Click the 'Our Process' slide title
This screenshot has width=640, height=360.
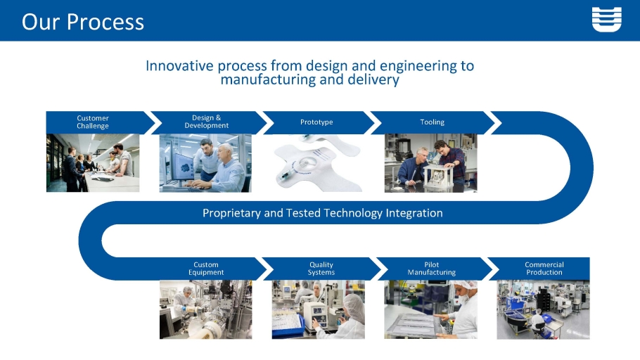tap(83, 22)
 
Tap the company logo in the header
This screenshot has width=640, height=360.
tap(606, 19)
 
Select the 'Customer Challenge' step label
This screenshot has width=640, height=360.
tap(93, 122)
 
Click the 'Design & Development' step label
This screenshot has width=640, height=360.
tap(206, 122)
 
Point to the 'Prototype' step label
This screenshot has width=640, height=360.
tap(316, 122)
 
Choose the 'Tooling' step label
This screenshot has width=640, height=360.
tap(433, 122)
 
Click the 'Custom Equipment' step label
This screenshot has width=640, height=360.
tap(205, 269)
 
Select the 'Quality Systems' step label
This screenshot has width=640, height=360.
tap(321, 269)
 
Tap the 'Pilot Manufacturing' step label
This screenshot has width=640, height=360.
tap(431, 269)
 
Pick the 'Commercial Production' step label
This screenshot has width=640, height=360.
tap(544, 269)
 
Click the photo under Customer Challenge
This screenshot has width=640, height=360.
tap(93, 163)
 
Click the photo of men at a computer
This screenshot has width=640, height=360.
tap(205, 163)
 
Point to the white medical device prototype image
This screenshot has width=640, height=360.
tap(316, 164)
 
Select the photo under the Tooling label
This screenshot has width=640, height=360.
tap(430, 163)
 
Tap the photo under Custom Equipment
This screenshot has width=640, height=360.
tap(205, 309)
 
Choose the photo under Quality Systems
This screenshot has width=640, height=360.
tap(319, 309)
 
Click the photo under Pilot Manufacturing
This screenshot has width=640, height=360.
tap(430, 309)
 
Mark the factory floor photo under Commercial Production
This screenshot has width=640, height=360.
tap(543, 309)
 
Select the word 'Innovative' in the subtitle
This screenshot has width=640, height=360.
tap(179, 65)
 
